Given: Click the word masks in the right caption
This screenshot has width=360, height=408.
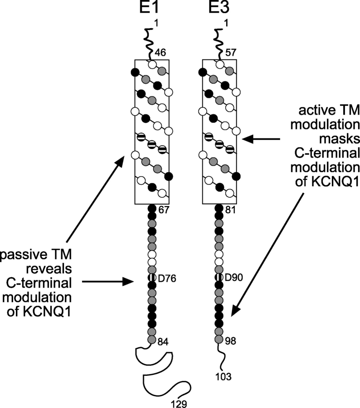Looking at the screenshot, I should tap(332, 138).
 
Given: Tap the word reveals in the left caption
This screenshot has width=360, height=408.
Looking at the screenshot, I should tap(51, 269).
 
